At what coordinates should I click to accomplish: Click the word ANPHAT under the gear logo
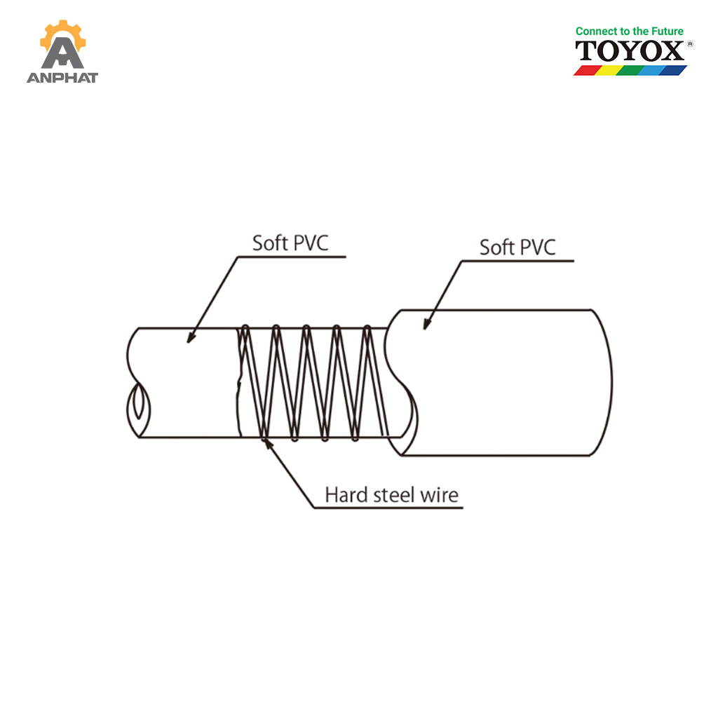62,78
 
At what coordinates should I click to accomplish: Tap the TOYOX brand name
630,50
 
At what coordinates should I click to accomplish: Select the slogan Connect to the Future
629,31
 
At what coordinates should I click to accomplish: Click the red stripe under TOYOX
588,70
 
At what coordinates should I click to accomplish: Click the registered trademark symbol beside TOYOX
690,44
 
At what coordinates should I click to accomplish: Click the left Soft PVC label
290,243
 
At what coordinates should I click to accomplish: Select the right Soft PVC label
517,248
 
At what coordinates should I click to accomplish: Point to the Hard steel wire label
391,495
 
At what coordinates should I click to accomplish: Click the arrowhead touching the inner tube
191,337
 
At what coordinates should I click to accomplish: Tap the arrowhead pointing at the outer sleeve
428,323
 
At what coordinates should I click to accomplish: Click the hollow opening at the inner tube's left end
138,409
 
